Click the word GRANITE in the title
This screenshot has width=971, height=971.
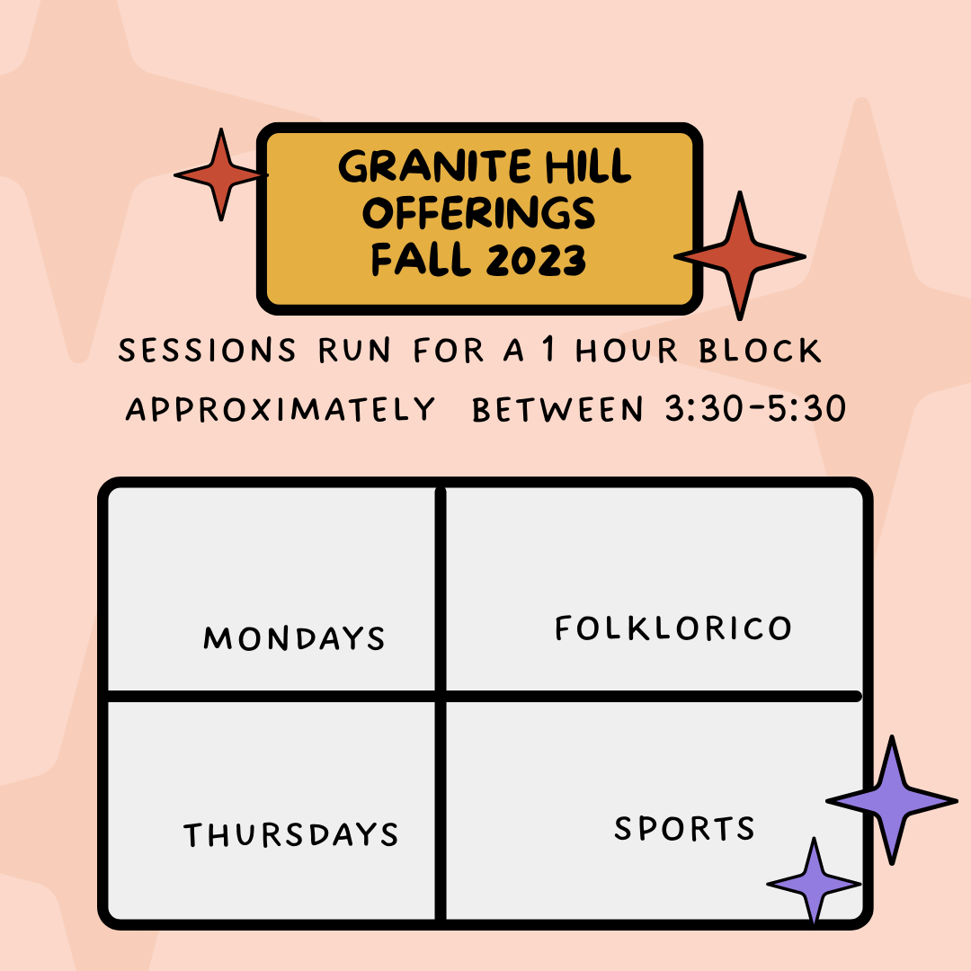(x=434, y=166)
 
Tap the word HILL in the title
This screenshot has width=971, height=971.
(x=588, y=166)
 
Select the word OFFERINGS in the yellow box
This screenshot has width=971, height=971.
(x=478, y=213)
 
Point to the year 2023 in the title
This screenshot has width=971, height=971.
(x=536, y=260)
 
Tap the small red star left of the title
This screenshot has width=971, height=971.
(x=221, y=174)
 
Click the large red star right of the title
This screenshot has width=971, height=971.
(x=739, y=255)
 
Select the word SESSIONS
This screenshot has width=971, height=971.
(x=207, y=351)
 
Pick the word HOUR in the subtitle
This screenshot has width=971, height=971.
(x=627, y=351)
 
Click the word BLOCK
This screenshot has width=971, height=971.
(x=760, y=351)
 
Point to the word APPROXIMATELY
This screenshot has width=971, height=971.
(x=281, y=409)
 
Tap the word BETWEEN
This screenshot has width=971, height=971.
(x=557, y=409)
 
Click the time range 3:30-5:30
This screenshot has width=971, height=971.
(x=755, y=409)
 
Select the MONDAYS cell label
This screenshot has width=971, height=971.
(x=294, y=637)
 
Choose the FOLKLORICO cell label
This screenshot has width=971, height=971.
(x=673, y=628)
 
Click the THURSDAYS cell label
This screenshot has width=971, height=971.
(x=291, y=834)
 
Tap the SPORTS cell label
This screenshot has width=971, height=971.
(x=684, y=828)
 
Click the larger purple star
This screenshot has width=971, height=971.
(x=892, y=800)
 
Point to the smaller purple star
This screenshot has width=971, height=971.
(x=814, y=883)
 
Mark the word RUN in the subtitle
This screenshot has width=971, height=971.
(x=354, y=351)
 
